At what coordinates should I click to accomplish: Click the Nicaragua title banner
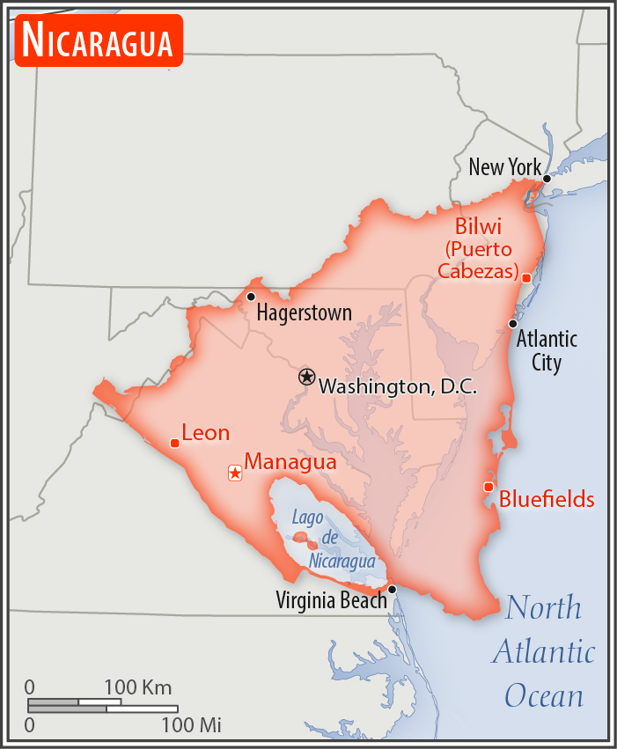click(x=99, y=40)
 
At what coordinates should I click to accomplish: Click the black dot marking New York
click(x=547, y=179)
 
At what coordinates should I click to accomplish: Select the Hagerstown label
click(x=304, y=312)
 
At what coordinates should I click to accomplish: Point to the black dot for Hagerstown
click(x=251, y=297)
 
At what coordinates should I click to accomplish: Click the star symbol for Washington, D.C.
click(x=306, y=377)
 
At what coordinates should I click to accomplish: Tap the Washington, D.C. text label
click(x=397, y=386)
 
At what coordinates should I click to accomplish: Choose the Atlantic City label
click(x=547, y=350)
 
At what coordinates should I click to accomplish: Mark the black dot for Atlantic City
click(x=513, y=324)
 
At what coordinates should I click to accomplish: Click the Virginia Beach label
click(x=331, y=601)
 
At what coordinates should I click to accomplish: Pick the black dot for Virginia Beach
click(x=392, y=589)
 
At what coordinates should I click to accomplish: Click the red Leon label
click(x=206, y=433)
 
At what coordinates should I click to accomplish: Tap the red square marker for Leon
click(x=175, y=443)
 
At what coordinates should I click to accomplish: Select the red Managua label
click(x=290, y=461)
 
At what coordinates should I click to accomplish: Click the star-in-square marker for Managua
click(x=235, y=474)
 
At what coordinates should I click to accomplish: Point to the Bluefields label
click(x=547, y=500)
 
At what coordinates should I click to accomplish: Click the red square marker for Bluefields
click(x=488, y=487)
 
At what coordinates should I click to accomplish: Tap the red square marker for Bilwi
click(x=526, y=278)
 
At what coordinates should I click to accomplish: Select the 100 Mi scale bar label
click(x=191, y=726)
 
